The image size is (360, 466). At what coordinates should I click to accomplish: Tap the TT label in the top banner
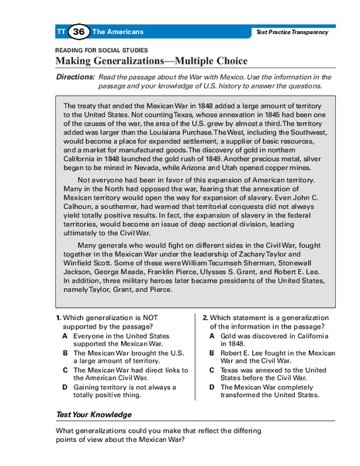(x=61, y=32)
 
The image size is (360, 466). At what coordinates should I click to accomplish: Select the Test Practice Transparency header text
(x=291, y=32)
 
